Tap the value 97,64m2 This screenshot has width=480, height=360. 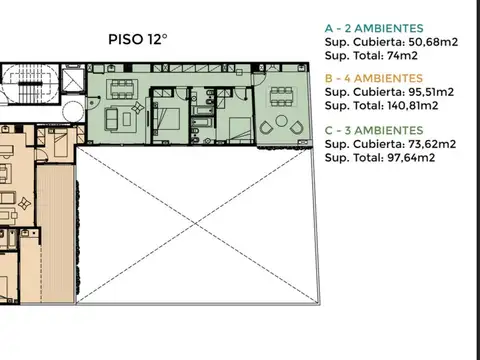(418, 157)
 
